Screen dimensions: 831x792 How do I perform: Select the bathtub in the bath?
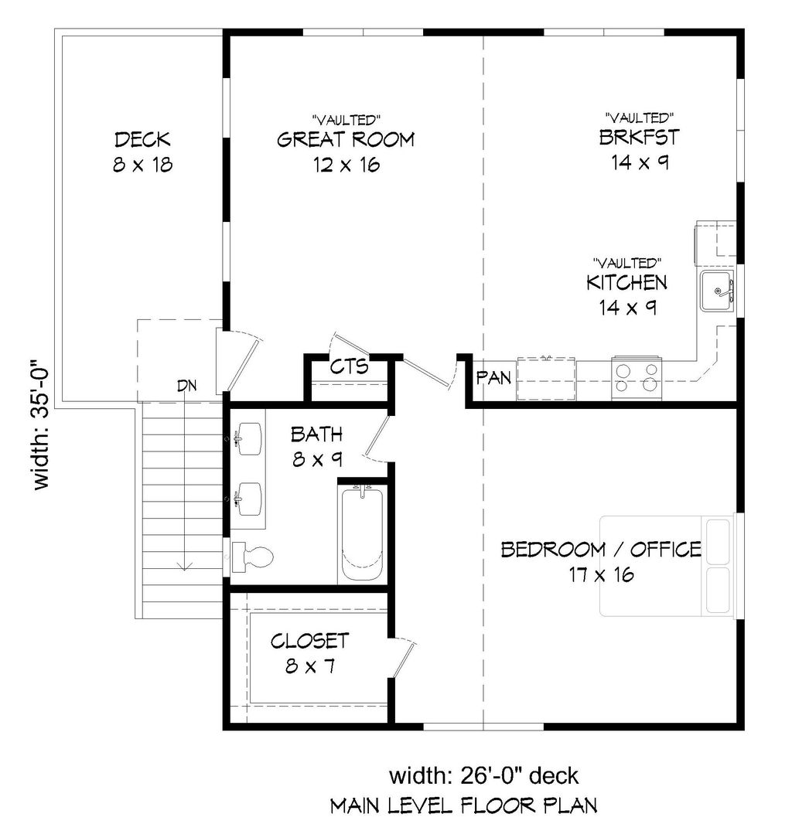[x=362, y=533]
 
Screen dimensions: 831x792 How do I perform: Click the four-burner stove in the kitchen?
[x=637, y=376]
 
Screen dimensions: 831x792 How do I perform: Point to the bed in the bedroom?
[x=668, y=567]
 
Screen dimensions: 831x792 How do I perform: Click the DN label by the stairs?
[x=186, y=386]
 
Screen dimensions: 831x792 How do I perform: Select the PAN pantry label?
[x=492, y=378]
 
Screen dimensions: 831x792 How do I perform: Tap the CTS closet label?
[x=348, y=366]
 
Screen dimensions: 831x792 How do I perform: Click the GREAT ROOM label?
[x=345, y=140]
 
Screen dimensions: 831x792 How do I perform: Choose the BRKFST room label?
[x=639, y=138]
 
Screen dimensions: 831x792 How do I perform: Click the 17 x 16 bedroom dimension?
[x=601, y=574]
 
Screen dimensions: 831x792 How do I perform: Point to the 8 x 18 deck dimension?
[x=142, y=165]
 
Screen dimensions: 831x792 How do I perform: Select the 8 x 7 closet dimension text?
[x=309, y=666]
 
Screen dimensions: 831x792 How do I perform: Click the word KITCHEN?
[x=626, y=282]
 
